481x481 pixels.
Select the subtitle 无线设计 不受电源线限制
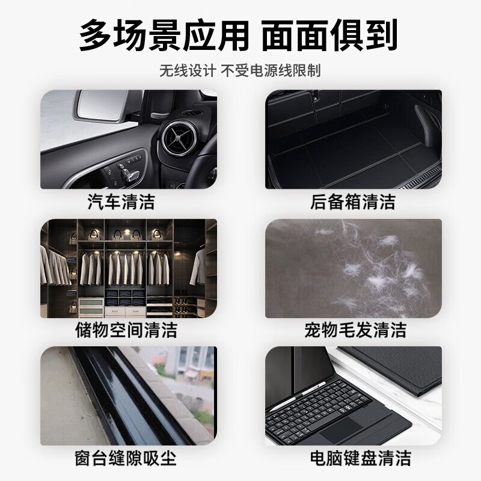(240, 70)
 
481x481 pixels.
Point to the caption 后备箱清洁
(354, 201)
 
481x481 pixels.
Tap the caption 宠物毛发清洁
(355, 329)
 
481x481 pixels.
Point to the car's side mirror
(96, 108)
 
